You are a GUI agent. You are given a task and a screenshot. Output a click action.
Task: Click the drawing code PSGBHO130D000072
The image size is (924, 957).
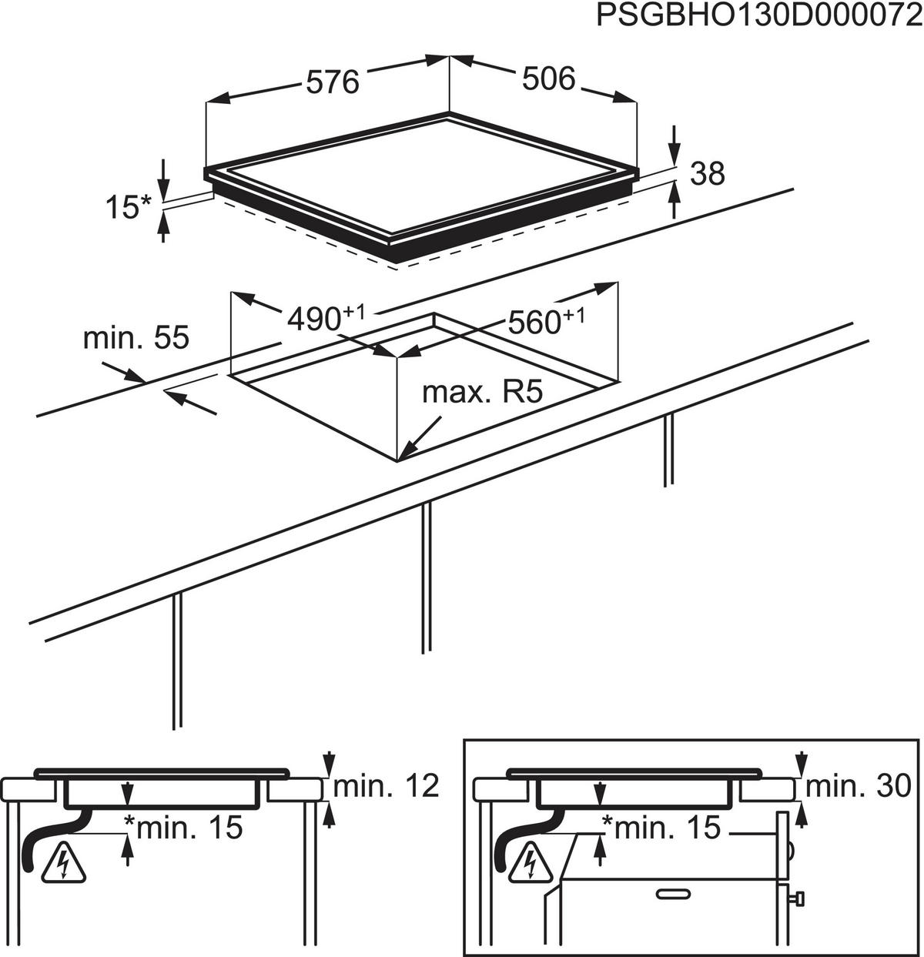coord(759,17)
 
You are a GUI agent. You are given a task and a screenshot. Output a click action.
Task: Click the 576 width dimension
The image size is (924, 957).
coord(333,82)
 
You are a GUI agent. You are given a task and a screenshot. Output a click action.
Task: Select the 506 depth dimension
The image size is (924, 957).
coord(548,78)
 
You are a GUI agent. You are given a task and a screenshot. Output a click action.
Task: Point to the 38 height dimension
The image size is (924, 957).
coord(708,174)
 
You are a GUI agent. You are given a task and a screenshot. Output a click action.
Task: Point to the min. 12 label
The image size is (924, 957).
coord(386,786)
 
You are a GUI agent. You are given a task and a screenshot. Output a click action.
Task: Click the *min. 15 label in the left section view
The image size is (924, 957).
coord(184,828)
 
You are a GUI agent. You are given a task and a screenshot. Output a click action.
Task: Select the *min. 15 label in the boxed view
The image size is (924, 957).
coord(661,828)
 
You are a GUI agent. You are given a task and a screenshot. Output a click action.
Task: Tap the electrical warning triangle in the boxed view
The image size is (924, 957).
coord(531,862)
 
